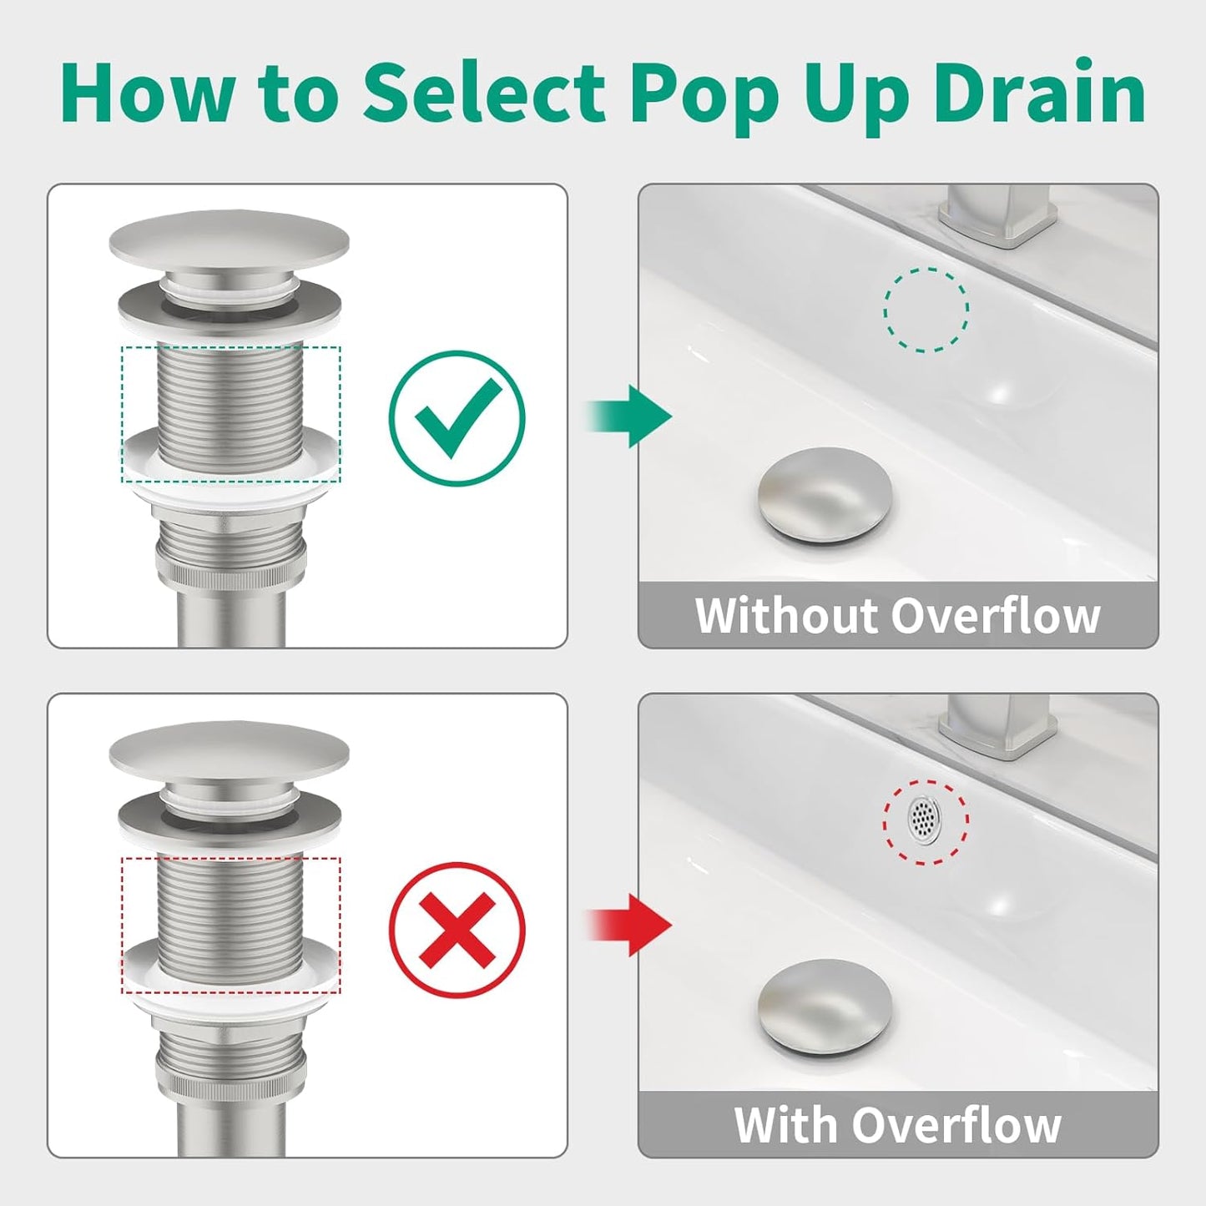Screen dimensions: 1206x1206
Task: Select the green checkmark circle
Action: [x=457, y=417]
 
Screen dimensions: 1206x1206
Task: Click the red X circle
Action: [x=457, y=928]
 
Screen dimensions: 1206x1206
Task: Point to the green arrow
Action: [x=630, y=416]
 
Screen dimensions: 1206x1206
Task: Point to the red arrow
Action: [x=630, y=925]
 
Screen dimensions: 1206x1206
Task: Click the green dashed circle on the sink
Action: [x=926, y=310]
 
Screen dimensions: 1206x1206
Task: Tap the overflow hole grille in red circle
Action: [x=923, y=819]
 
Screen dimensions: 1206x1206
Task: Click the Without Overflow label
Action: [x=897, y=616]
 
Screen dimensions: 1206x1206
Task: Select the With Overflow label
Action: [x=897, y=1125]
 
